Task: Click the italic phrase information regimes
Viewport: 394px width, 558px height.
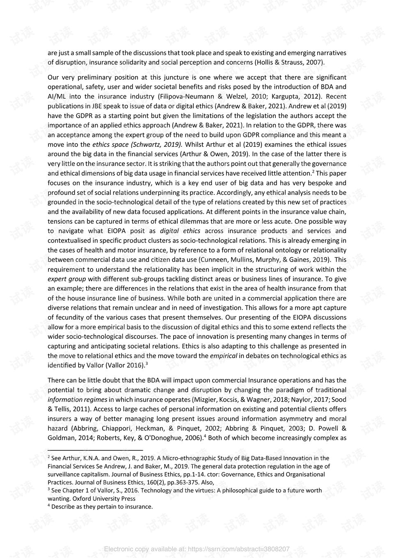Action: [x=78, y=400]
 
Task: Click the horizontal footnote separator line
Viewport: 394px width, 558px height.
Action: [x=95, y=450]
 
